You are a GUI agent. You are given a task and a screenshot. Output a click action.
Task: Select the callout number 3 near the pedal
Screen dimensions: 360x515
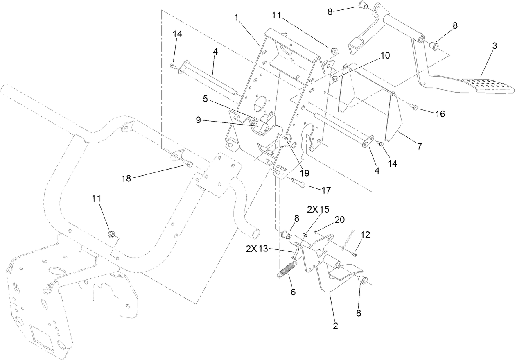click(495, 46)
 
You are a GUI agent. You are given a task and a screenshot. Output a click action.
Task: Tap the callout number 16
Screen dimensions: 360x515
click(440, 114)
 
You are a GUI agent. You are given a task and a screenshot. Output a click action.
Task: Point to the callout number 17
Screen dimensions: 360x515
click(326, 190)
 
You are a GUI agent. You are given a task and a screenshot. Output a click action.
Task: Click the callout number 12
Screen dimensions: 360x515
click(365, 235)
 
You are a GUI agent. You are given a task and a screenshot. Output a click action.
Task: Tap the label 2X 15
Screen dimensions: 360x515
click(318, 209)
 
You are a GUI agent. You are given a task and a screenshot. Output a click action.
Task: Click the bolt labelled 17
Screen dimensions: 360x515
click(298, 182)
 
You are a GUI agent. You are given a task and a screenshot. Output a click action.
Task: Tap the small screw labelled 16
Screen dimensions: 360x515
click(413, 107)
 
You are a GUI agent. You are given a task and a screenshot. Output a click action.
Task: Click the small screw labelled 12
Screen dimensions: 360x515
click(353, 255)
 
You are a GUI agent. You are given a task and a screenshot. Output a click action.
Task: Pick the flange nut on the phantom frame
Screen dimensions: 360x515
click(111, 234)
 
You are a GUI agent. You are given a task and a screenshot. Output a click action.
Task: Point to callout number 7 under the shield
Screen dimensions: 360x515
click(419, 145)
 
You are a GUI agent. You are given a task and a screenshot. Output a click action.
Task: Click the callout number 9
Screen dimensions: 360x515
click(198, 121)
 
